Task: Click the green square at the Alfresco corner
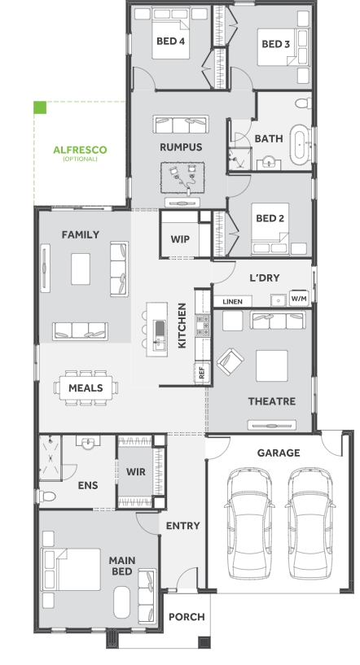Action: coord(40,107)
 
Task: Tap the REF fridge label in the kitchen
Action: coord(202,373)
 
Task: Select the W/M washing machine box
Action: coord(299,298)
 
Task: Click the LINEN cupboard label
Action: coord(232,301)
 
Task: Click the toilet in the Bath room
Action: coord(303,103)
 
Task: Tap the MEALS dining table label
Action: coord(86,388)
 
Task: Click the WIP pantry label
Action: coord(180,239)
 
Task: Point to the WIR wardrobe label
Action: coord(136,471)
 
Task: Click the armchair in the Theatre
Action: coord(230,361)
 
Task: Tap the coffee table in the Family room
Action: coord(81,269)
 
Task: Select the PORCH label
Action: coord(187,617)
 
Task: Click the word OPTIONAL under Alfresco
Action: coord(81,159)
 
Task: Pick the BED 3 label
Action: coord(276,44)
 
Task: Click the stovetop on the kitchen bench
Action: coord(203,326)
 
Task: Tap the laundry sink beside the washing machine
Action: coord(278,300)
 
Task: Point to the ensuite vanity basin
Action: coord(88,443)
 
